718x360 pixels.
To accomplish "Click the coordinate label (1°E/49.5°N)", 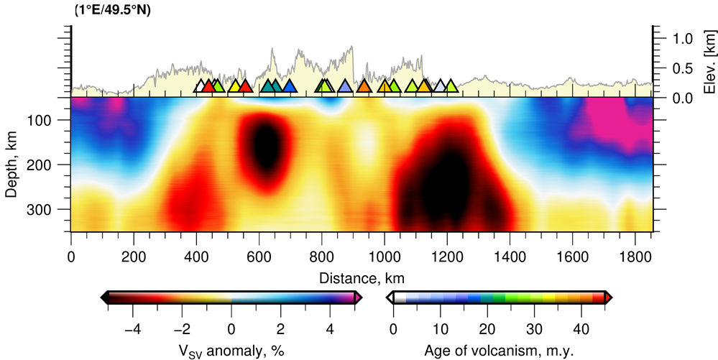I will pyautogui.click(x=114, y=9).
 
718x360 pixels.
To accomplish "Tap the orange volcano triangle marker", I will pyautogui.click(x=364, y=86).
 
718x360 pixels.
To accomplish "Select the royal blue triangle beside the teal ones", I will pyautogui.click(x=289, y=86).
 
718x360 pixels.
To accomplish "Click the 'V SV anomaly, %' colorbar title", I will pyautogui.click(x=231, y=351).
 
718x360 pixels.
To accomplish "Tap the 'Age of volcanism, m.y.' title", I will pyautogui.click(x=500, y=351).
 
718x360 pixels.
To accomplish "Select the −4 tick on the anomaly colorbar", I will pyautogui.click(x=132, y=330).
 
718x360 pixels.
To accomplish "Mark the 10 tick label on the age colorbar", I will pyautogui.click(x=440, y=330).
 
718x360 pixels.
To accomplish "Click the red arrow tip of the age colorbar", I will pyautogui.click(x=609, y=297).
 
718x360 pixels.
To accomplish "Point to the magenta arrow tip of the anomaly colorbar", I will pyautogui.click(x=358, y=297).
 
